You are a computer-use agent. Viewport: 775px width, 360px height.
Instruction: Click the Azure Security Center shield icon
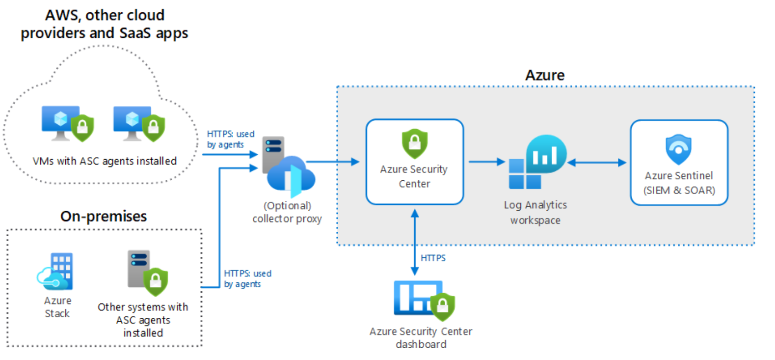tap(415, 143)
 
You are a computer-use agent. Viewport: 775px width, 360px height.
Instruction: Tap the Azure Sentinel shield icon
tap(678, 149)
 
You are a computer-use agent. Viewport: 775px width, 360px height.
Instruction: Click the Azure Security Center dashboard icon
tap(424, 300)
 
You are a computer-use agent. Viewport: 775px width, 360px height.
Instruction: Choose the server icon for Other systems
tap(147, 273)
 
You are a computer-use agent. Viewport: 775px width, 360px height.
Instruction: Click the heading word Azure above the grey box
tap(545, 75)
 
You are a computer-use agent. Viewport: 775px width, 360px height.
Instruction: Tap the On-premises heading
tap(104, 216)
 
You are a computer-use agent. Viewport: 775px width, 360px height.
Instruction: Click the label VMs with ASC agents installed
tap(105, 161)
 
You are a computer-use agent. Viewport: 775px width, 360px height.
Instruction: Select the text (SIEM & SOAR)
tap(679, 190)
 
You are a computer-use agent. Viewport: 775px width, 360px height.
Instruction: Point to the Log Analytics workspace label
tap(535, 212)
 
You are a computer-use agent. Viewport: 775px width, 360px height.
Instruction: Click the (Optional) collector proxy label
tap(287, 212)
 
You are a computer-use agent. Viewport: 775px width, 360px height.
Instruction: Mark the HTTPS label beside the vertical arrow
tap(433, 258)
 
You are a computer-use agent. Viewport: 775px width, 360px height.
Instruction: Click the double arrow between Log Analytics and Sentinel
tap(597, 163)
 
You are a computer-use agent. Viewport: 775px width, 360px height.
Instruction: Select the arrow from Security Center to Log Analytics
tap(486, 162)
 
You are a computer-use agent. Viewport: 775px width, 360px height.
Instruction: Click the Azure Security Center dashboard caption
tap(421, 338)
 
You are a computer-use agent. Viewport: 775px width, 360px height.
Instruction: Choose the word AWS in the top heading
tap(63, 15)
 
